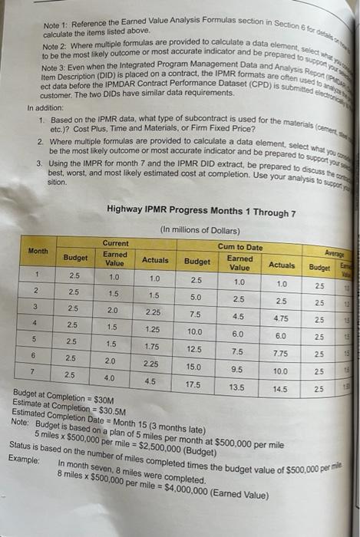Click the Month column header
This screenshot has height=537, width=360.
click(38, 251)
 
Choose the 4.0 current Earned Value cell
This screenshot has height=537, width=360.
click(114, 378)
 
